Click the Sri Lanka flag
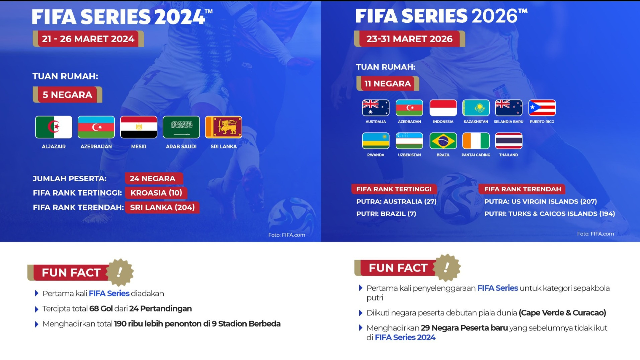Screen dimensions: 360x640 (224, 127)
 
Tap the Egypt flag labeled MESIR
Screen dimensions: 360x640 (139, 127)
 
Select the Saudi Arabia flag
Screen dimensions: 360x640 (181, 127)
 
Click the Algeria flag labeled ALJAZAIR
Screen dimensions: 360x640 (54, 127)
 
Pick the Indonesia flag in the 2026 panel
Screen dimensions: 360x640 (443, 108)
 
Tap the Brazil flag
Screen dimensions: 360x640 (443, 141)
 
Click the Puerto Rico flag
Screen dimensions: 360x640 (542, 108)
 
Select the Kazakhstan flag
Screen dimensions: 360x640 (476, 108)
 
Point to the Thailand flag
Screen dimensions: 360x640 (508, 141)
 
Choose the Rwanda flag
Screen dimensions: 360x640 (376, 141)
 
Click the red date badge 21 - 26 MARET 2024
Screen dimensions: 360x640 (88, 39)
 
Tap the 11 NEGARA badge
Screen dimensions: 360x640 (388, 84)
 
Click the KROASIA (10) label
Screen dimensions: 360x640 (156, 193)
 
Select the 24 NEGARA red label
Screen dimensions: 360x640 (153, 178)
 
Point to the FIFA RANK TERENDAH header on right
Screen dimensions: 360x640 (522, 189)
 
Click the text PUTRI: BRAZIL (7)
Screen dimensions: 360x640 (386, 214)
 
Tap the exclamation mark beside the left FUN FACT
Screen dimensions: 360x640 (120, 272)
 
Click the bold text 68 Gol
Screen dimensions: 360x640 (101, 308)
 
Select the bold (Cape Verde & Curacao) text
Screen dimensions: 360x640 (562, 313)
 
